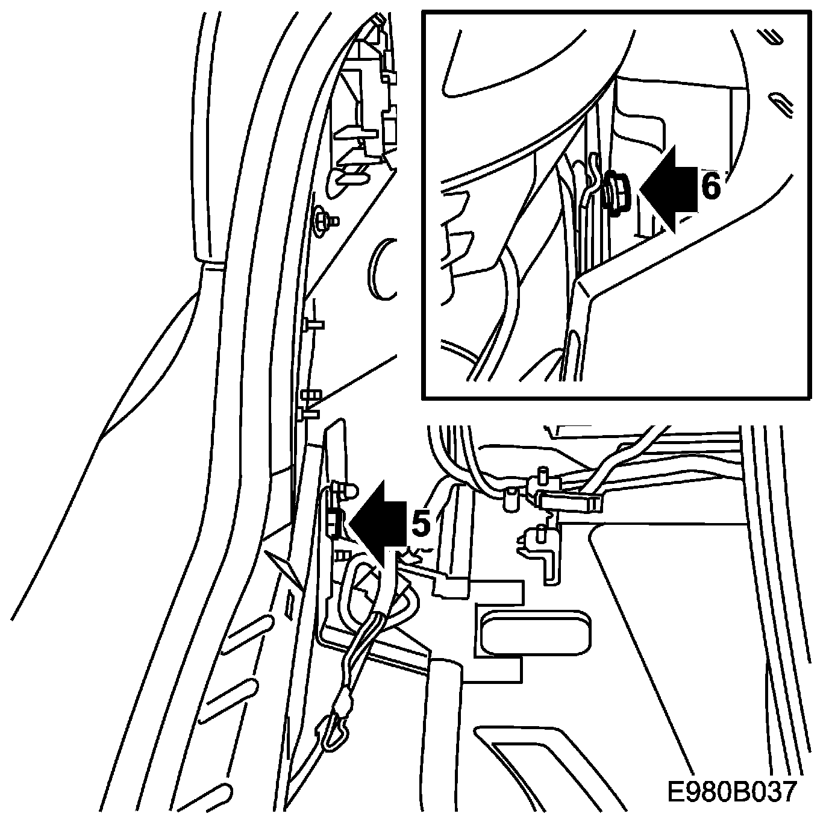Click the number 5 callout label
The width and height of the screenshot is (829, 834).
pyautogui.click(x=422, y=524)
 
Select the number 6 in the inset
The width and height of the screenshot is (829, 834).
pyautogui.click(x=711, y=187)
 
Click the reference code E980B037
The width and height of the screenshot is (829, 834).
pyautogui.click(x=732, y=791)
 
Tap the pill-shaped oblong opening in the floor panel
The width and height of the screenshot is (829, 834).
pyautogui.click(x=535, y=633)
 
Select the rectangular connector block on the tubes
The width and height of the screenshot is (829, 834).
pyautogui.click(x=569, y=501)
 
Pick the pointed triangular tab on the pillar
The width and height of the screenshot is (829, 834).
pyautogui.click(x=283, y=566)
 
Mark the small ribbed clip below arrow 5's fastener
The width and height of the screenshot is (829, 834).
pyautogui.click(x=343, y=554)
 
